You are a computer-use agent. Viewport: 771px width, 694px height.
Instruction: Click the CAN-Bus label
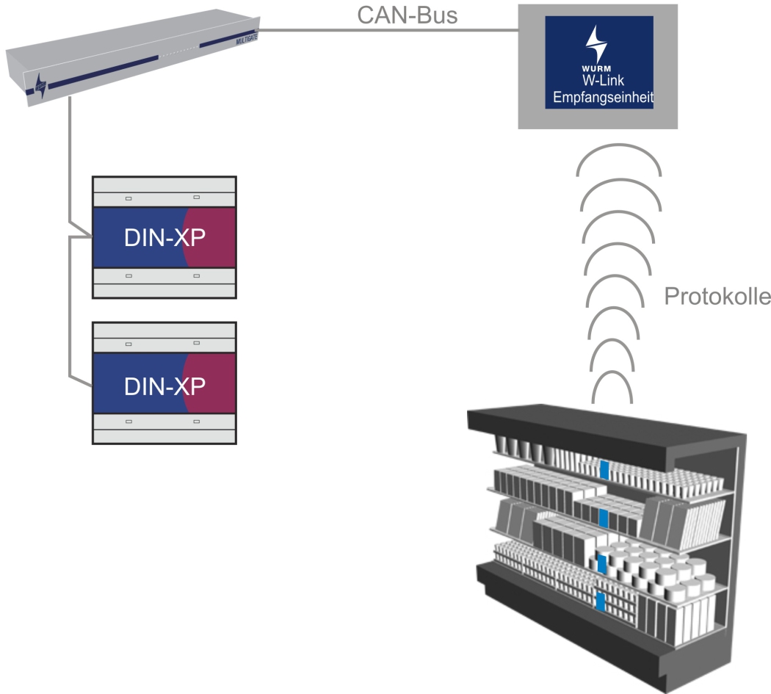coord(407,15)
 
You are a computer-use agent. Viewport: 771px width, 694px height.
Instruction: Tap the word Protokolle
coord(717,297)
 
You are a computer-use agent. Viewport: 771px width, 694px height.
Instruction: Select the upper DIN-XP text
coord(164,239)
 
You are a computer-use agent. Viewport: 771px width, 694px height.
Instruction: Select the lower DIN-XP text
coord(164,385)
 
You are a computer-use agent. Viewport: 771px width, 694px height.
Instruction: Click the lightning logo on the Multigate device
coord(40,85)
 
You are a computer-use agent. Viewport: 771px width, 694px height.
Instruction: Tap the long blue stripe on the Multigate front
coord(103,71)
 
